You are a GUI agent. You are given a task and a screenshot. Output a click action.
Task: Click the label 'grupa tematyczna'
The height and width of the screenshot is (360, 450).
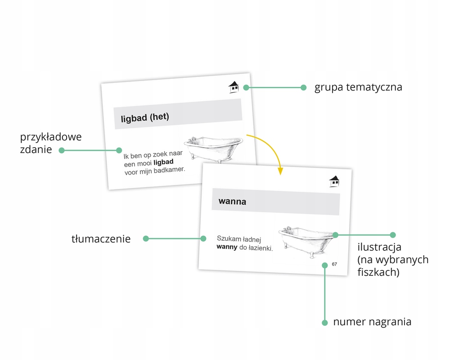[358, 87]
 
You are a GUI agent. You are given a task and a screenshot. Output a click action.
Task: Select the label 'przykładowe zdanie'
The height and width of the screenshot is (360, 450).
[50, 143]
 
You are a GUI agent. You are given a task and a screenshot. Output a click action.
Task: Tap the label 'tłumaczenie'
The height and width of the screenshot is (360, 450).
[101, 239]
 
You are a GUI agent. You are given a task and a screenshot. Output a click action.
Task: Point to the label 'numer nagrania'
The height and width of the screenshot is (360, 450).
[372, 322]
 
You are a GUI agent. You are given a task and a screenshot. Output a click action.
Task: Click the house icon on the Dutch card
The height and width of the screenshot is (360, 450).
[234, 87]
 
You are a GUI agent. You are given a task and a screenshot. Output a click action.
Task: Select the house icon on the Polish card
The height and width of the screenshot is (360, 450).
[334, 181]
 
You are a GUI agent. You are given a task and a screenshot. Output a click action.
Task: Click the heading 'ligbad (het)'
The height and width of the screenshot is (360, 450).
[145, 118]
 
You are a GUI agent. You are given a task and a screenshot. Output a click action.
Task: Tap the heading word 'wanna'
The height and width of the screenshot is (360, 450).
[232, 201]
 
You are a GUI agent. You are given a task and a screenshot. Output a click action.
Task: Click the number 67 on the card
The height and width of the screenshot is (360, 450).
[334, 264]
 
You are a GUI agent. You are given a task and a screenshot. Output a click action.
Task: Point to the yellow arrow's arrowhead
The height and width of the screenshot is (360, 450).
[280, 171]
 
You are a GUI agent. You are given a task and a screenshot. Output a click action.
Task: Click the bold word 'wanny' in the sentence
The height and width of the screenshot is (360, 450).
[227, 247]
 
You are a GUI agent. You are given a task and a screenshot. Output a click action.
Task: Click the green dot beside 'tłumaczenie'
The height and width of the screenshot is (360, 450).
[146, 238]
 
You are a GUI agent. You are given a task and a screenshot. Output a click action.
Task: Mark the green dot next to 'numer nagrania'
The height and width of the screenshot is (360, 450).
[324, 322]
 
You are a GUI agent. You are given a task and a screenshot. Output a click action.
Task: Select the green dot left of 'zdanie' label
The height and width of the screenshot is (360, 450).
[62, 150]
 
